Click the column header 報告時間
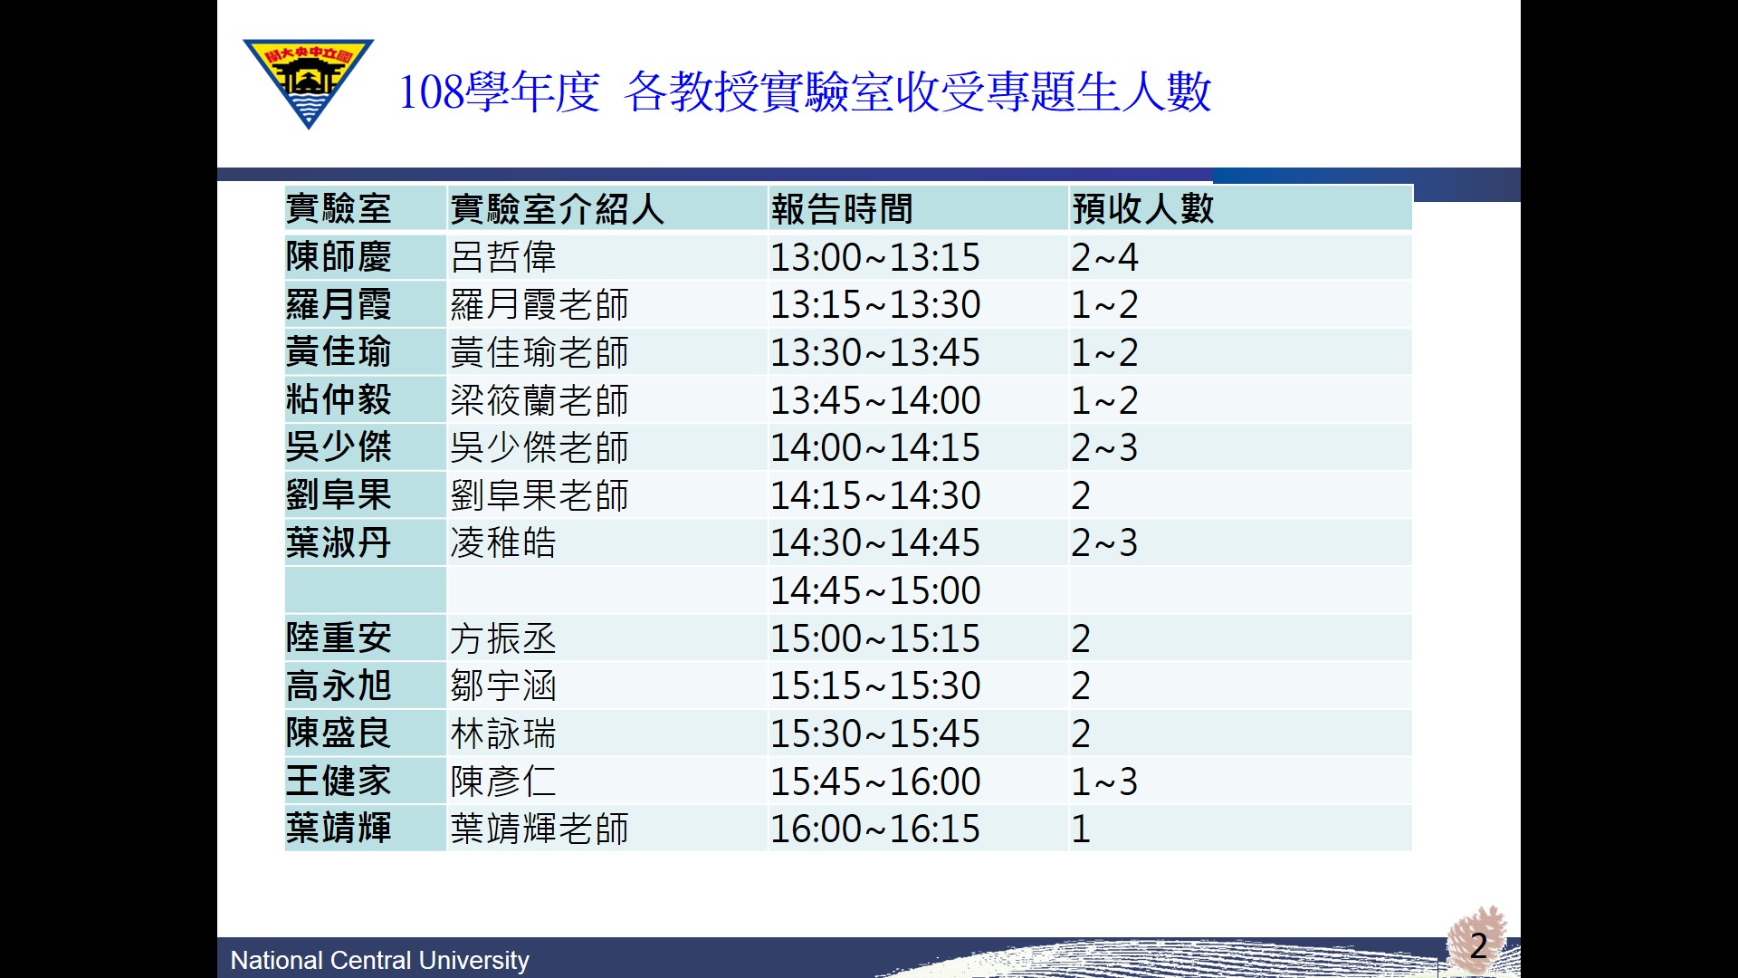pyautogui.click(x=842, y=209)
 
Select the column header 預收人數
pyautogui.click(x=1142, y=209)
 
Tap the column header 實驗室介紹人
pyautogui.click(x=557, y=209)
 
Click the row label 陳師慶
pyautogui.click(x=339, y=256)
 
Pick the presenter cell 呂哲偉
pyautogui.click(x=503, y=257)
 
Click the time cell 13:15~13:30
pyautogui.click(x=875, y=305)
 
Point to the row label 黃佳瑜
pyautogui.click(x=339, y=351)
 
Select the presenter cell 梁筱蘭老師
pyautogui.click(x=540, y=400)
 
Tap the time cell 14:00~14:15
pyautogui.click(x=875, y=448)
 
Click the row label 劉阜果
pyautogui.click(x=339, y=494)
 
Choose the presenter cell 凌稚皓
pyautogui.click(x=503, y=542)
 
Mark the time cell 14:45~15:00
pyautogui.click(x=875, y=591)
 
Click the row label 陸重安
pyautogui.click(x=339, y=638)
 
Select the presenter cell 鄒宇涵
pyautogui.click(x=503, y=686)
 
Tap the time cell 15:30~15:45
pyautogui.click(x=875, y=734)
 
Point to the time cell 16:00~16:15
pyautogui.click(x=875, y=829)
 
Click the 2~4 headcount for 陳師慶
pyautogui.click(x=1104, y=258)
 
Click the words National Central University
pyautogui.click(x=380, y=960)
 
